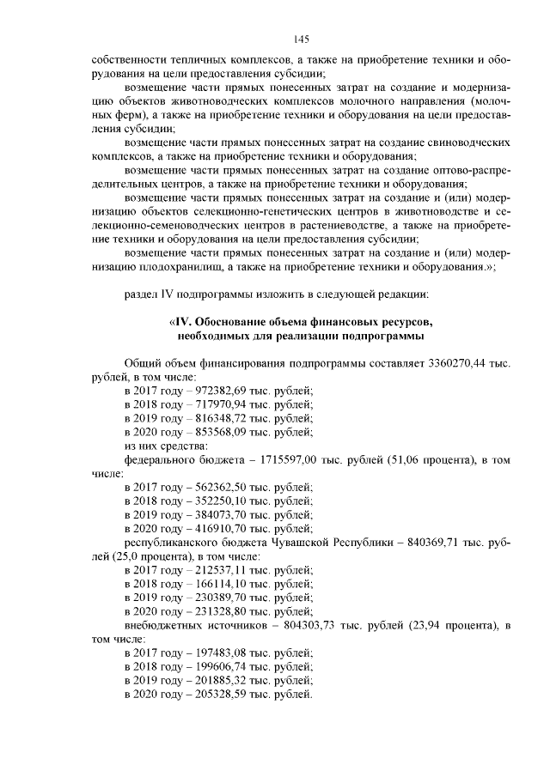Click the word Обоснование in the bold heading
point(231,322)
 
